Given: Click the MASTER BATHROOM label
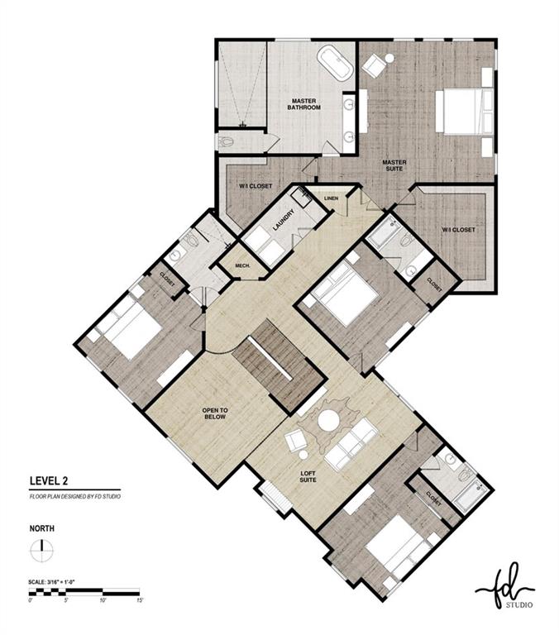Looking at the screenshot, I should pos(303,104).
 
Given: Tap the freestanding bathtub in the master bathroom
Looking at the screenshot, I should pos(335,63).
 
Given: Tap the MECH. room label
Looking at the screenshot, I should pos(242,265).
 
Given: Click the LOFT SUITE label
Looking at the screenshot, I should pos(308,476).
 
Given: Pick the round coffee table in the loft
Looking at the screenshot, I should pos(328,421).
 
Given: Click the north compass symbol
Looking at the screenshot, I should pos(41,549).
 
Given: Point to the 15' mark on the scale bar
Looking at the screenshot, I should pos(141,600).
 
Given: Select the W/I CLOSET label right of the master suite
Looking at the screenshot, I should pos(458,230).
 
